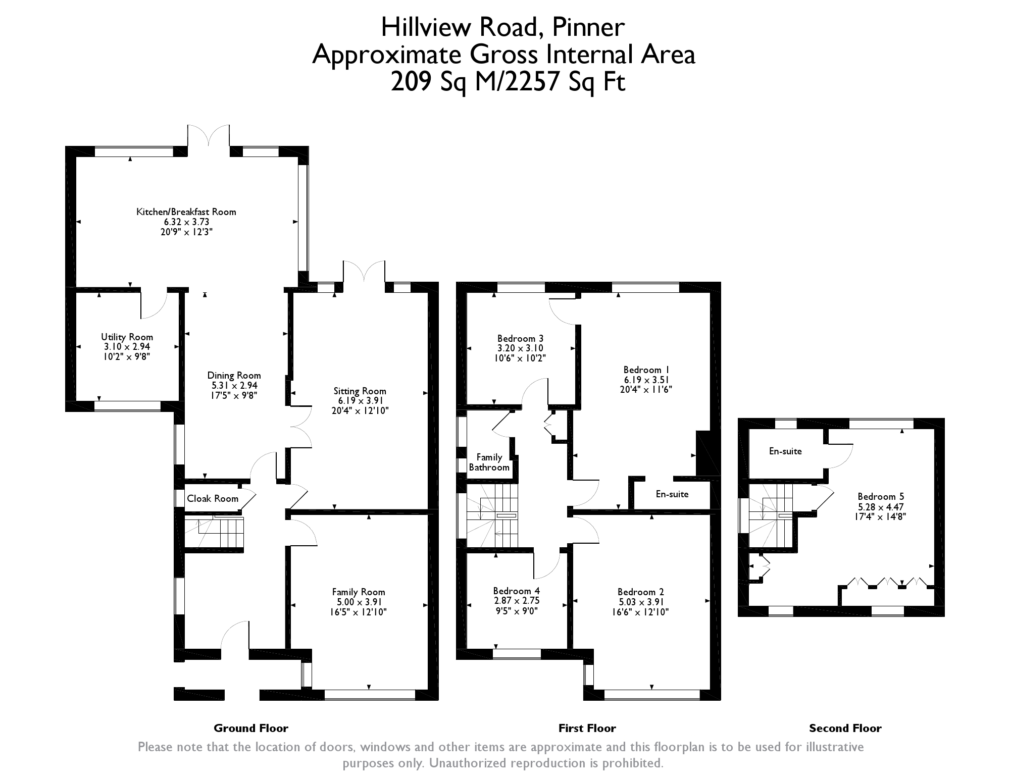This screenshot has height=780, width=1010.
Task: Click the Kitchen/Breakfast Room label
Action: coord(186,212)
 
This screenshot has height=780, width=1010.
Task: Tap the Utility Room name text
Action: coord(127,337)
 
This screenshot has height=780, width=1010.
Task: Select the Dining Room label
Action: coord(234,376)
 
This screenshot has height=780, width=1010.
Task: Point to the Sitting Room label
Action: coord(360,391)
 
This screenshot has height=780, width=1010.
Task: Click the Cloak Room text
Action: coord(213,499)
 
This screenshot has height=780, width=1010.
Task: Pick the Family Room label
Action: coord(359,592)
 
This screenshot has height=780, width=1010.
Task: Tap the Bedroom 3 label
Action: coord(520,338)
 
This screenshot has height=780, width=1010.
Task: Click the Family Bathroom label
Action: coord(489,462)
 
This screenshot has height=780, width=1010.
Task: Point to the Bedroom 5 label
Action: coord(881,497)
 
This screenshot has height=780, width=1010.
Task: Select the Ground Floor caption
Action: coord(251,729)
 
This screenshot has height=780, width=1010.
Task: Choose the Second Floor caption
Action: coord(845,729)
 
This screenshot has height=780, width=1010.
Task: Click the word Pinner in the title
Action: coord(588,27)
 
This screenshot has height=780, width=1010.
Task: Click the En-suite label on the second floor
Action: coord(785,451)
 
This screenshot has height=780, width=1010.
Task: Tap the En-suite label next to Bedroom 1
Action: coord(672,494)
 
